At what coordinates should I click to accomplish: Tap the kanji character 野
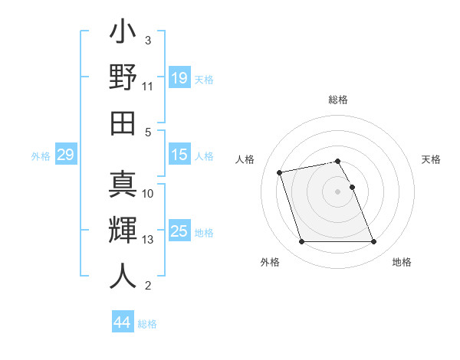point(123,78)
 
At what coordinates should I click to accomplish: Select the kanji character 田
point(123,121)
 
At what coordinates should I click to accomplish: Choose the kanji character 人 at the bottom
point(123,276)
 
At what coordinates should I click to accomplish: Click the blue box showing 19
point(179,78)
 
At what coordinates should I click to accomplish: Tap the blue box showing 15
point(179,155)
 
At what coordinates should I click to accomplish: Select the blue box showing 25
point(179,231)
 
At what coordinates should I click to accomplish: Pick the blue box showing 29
point(65,155)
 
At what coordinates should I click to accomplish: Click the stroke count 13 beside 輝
point(148,240)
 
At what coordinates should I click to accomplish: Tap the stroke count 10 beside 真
point(148,194)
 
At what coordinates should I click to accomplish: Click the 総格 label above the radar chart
point(338,100)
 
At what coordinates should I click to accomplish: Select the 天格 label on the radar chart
point(432,159)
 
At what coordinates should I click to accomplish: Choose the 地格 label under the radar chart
point(402,263)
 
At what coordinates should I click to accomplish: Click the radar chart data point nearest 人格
point(280,172)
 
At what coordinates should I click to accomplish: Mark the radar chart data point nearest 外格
point(301,242)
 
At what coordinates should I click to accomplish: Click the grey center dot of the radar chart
point(338,191)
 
